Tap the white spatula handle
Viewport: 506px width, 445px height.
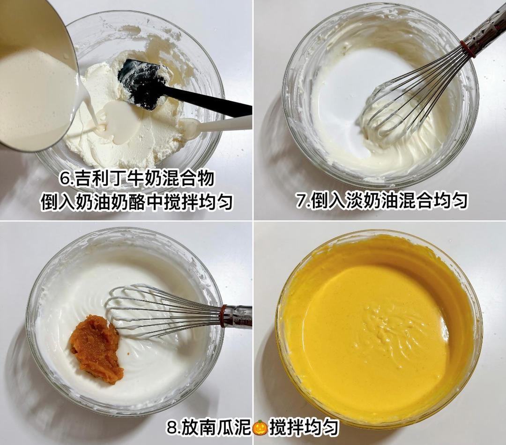click(225, 124)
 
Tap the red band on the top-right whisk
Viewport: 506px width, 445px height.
click(467, 49)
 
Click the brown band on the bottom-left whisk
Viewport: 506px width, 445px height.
click(223, 316)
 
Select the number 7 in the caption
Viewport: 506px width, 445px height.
click(301, 200)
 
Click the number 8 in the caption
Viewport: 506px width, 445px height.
click(171, 428)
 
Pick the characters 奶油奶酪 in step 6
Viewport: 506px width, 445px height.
click(125, 202)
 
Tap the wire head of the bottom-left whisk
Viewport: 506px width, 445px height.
click(150, 309)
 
